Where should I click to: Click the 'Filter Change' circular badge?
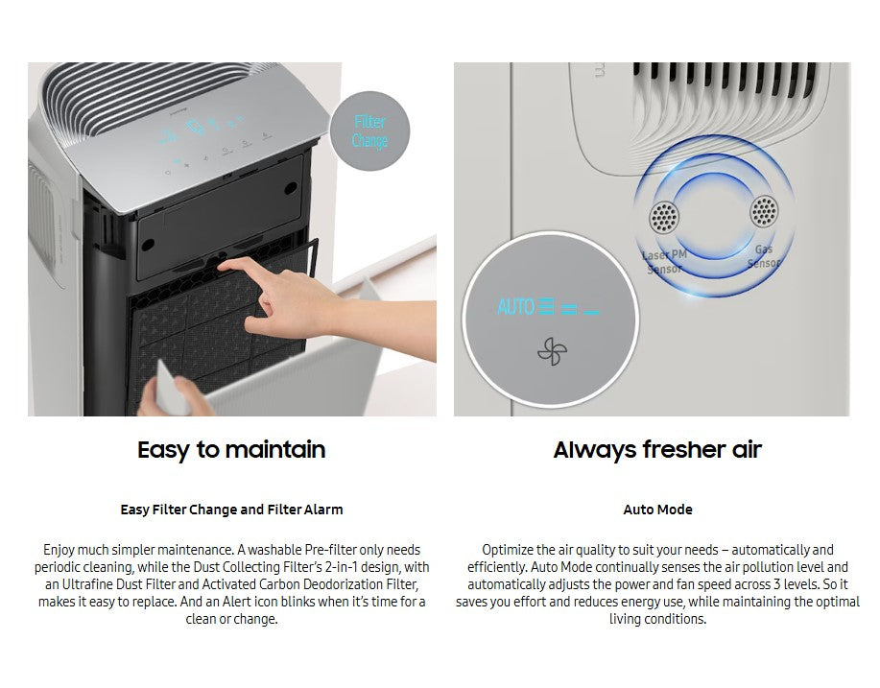(369, 131)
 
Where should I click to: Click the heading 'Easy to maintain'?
(231, 450)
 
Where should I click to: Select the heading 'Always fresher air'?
(657, 450)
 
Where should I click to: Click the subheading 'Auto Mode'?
(657, 510)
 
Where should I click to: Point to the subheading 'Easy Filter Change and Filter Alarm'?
(231, 510)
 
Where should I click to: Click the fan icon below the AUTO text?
(552, 352)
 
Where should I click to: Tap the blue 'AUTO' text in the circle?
(515, 308)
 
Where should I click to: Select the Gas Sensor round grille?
(764, 212)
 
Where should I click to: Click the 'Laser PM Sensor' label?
(663, 261)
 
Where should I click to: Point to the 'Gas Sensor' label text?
(764, 256)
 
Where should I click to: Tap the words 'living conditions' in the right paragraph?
(657, 619)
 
